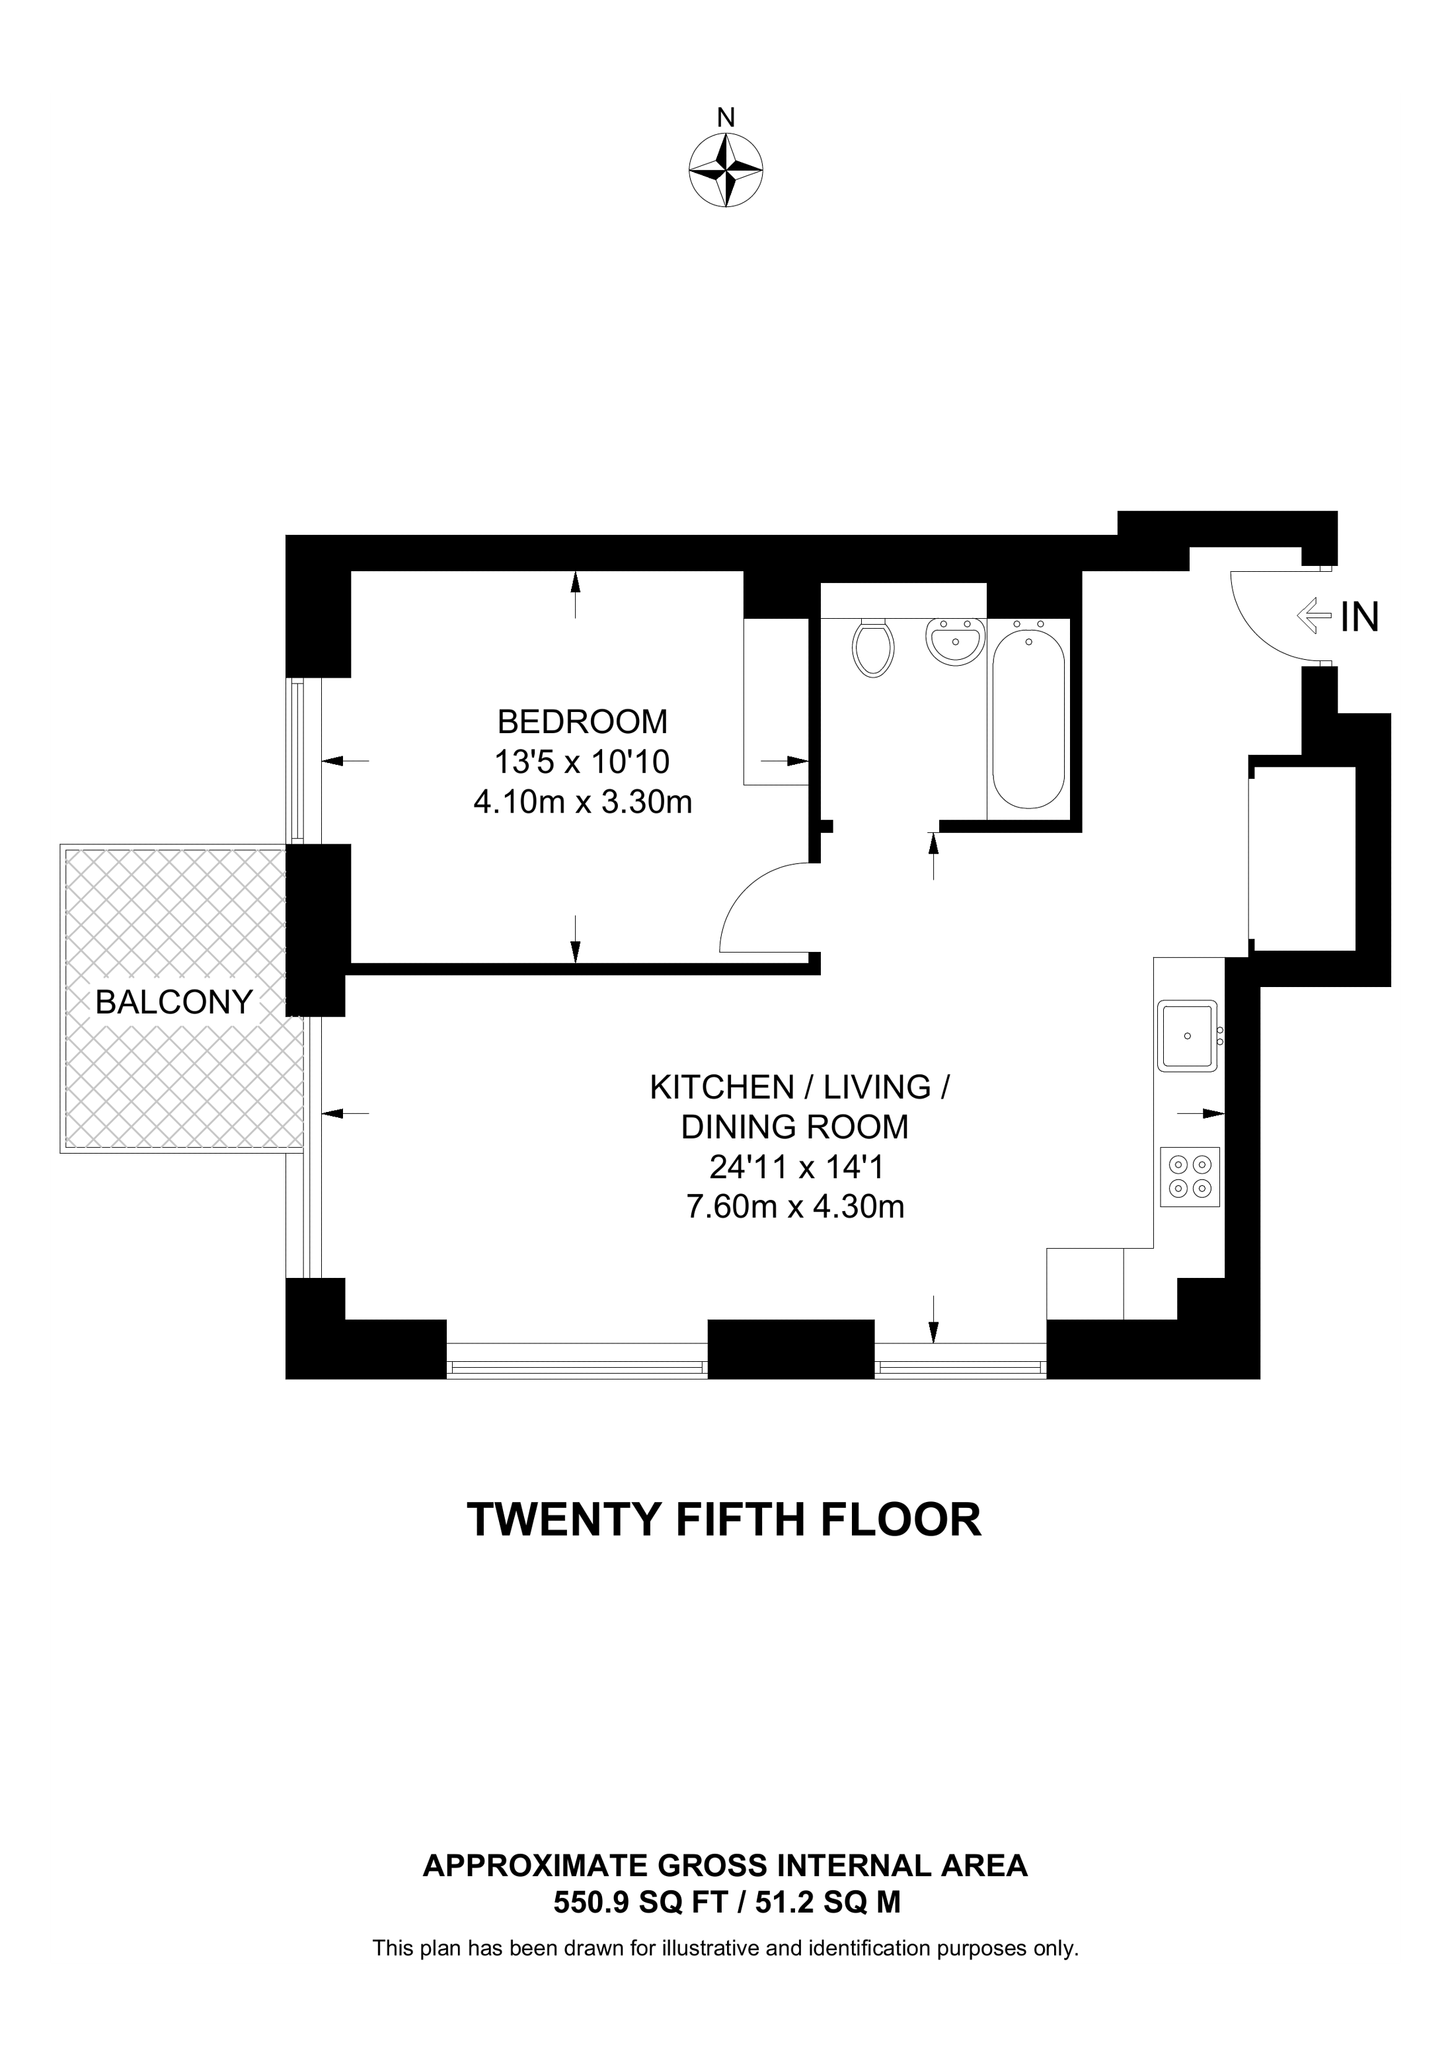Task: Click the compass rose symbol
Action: click(x=726, y=171)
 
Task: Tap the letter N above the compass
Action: click(x=726, y=118)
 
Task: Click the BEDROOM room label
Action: click(x=582, y=721)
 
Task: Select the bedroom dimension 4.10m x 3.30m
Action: click(x=582, y=801)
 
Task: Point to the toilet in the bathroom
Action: click(x=874, y=647)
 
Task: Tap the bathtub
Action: click(x=1028, y=717)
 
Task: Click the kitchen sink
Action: click(x=1188, y=1036)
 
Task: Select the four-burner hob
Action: click(x=1190, y=1177)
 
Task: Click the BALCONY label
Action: click(x=174, y=1002)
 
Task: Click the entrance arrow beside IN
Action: click(x=1315, y=617)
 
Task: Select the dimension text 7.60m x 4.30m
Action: click(x=794, y=1207)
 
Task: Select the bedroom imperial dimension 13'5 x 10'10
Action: click(x=582, y=762)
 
